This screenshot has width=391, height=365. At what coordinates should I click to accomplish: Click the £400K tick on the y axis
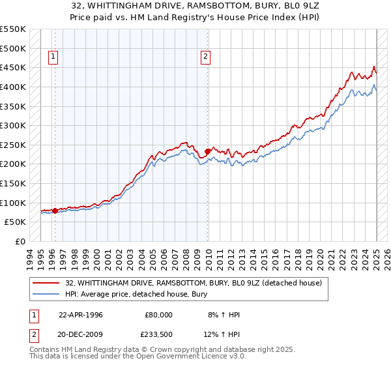[13, 87]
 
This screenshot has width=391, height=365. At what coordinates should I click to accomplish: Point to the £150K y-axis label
[13, 184]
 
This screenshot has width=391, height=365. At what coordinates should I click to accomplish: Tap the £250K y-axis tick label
[13, 145]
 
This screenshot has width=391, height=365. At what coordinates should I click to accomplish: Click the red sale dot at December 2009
[208, 151]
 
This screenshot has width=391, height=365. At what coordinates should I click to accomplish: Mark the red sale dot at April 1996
[55, 211]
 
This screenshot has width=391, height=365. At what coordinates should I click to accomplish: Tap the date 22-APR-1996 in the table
[81, 314]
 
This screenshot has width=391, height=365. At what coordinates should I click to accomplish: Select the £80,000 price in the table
[159, 314]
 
